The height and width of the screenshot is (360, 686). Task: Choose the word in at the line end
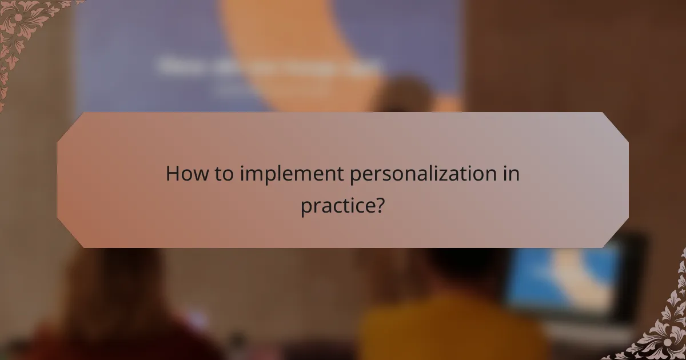click(x=512, y=174)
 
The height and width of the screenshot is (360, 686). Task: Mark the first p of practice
click(x=306, y=207)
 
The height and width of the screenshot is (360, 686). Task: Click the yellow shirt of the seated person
click(x=452, y=331)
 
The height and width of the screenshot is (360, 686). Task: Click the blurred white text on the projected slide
click(x=269, y=66)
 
